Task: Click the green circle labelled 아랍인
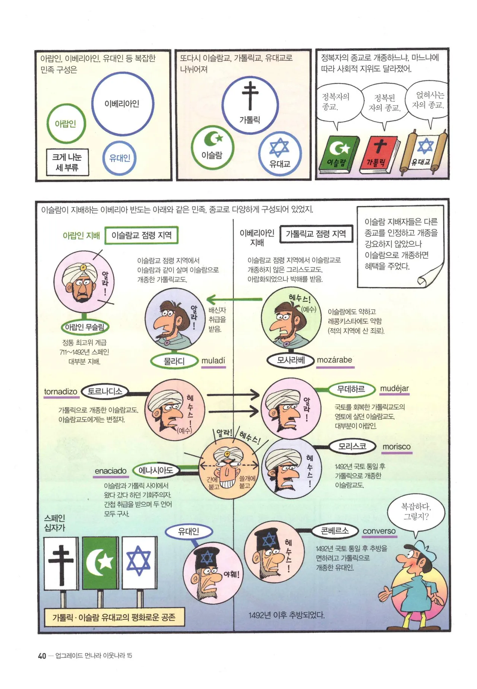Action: [48, 124]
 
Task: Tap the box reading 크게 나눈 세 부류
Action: [67, 162]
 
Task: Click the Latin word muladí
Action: [213, 361]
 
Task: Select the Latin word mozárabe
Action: [335, 360]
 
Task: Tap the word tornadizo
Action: [60, 392]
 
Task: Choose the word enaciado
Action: [111, 471]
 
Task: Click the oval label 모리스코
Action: [352, 446]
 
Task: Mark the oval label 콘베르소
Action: [335, 531]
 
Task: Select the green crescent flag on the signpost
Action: [100, 563]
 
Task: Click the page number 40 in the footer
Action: [42, 655]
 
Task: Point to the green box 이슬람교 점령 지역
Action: [141, 235]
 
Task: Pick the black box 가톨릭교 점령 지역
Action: [316, 234]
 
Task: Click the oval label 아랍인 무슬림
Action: [85, 327]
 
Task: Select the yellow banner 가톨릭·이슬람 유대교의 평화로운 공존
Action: [114, 617]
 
